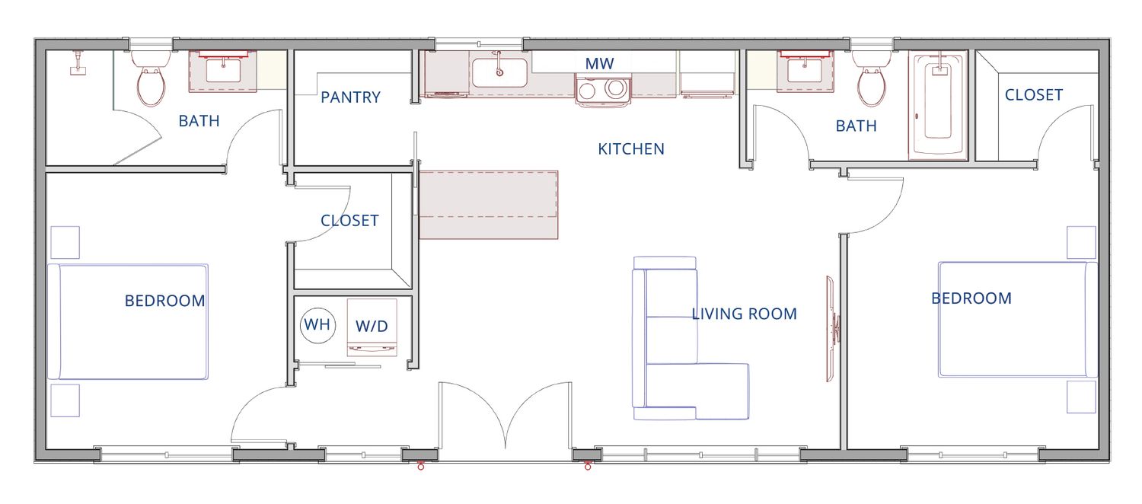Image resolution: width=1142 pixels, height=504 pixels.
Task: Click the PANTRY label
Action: (x=350, y=97)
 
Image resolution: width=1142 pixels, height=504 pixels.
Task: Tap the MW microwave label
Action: (x=600, y=64)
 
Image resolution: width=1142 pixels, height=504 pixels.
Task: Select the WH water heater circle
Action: (x=317, y=325)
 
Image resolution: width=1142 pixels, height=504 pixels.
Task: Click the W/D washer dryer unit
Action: (x=372, y=327)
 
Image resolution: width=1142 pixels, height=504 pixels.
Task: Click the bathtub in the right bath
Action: (x=938, y=105)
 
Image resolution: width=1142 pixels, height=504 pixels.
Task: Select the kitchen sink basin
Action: (x=499, y=73)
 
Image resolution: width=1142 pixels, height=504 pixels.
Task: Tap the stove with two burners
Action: (x=603, y=90)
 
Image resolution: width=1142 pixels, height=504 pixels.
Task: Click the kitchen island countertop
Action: (x=489, y=205)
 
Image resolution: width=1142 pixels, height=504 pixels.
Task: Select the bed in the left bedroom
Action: (x=128, y=321)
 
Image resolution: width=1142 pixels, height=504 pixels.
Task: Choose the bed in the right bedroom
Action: (x=1018, y=320)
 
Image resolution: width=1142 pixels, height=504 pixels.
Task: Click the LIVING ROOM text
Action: (x=745, y=314)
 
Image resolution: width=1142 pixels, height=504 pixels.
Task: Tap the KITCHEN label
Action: (x=631, y=148)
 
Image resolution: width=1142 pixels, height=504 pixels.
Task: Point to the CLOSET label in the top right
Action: (x=1034, y=95)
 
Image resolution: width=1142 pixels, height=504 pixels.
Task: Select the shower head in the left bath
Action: (x=78, y=63)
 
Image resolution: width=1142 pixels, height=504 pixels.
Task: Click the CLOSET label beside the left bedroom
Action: (x=349, y=220)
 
